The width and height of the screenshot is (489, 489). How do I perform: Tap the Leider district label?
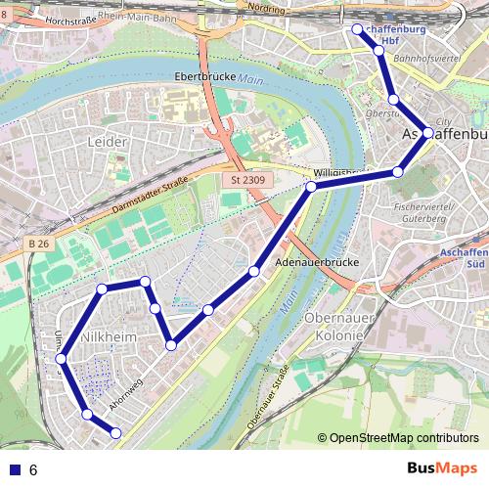(x=109, y=143)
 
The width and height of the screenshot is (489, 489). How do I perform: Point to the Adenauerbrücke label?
(x=319, y=263)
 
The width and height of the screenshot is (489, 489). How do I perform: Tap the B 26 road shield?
(x=38, y=243)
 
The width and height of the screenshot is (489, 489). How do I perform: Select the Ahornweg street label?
(x=126, y=390)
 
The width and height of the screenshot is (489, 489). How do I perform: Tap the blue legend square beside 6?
(x=12, y=469)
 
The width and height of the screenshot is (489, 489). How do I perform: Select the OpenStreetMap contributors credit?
(x=401, y=437)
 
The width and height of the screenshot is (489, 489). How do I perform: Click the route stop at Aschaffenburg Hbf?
(x=357, y=29)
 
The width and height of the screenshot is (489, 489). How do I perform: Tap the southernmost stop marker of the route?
(x=115, y=432)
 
